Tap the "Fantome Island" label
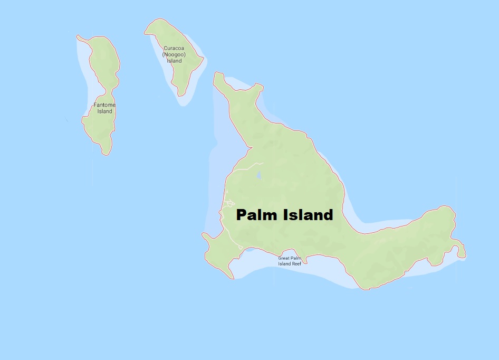[x=104, y=108]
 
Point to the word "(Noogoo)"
[x=174, y=54]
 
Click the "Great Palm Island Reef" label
[x=290, y=261]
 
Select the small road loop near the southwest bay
[x=240, y=247]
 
